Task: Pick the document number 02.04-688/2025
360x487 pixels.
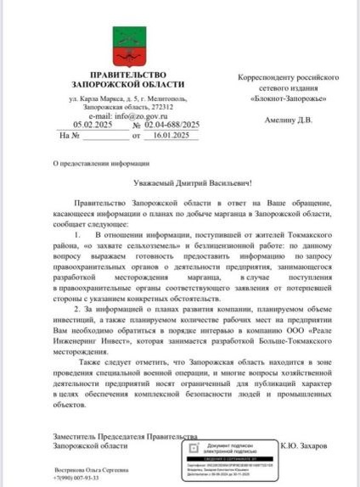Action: click(x=172, y=125)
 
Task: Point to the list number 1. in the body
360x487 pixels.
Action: click(x=77, y=233)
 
